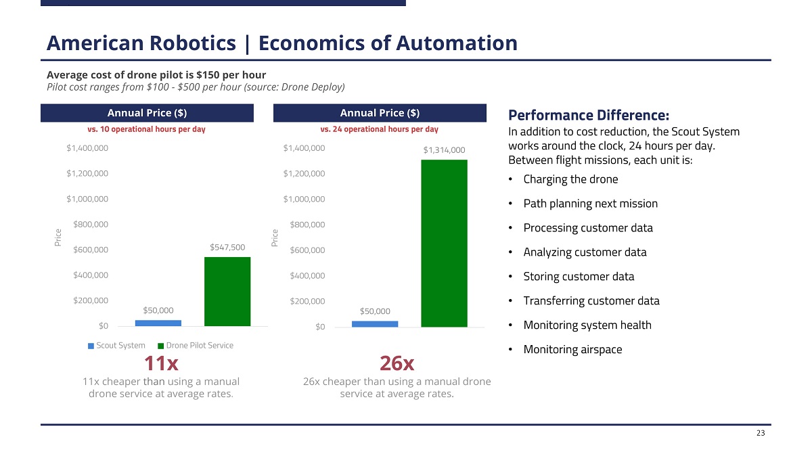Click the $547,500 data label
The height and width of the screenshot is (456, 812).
click(x=227, y=247)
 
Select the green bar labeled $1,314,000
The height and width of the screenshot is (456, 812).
click(x=444, y=243)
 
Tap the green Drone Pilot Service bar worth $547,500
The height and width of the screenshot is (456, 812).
click(x=227, y=292)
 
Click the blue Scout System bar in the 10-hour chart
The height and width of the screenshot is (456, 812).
click(x=158, y=323)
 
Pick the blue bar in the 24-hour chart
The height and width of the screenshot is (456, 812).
click(x=375, y=323)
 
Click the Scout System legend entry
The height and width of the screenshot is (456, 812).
click(x=116, y=346)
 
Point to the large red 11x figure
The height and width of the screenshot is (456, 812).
click(x=162, y=363)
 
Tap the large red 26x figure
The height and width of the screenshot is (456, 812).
click(x=397, y=363)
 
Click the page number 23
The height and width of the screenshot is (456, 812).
click(x=761, y=433)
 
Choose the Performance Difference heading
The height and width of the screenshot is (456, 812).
click(x=589, y=115)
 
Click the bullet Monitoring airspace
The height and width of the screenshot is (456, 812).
click(x=572, y=350)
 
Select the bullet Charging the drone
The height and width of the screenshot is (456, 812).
click(x=570, y=179)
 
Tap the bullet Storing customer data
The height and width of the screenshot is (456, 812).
click(x=579, y=277)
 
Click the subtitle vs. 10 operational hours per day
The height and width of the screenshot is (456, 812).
click(x=147, y=129)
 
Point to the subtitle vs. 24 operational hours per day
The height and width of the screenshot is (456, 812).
click(x=379, y=129)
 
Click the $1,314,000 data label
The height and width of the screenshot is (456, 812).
click(x=444, y=150)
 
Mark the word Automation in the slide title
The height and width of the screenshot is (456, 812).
click(x=457, y=43)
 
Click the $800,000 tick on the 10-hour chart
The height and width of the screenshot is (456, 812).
click(x=91, y=224)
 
